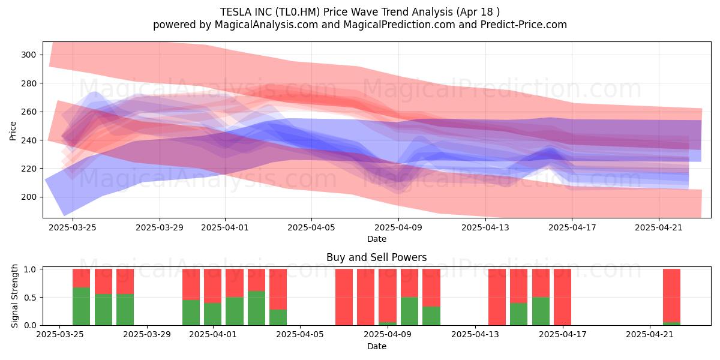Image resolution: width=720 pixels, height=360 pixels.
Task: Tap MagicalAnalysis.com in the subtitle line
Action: [x=266, y=25]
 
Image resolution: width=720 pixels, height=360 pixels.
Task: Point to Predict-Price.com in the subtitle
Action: [x=524, y=25]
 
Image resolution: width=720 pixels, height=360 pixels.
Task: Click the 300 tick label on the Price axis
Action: [x=29, y=55]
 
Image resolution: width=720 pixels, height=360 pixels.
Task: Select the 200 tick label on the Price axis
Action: [x=29, y=197]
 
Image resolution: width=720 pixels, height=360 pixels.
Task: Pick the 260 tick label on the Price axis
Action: [x=29, y=112]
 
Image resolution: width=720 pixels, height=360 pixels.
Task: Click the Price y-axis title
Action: [x=13, y=131]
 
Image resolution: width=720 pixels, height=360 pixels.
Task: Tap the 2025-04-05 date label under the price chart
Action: [x=311, y=227]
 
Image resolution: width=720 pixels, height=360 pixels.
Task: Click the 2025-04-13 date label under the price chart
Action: [x=485, y=227]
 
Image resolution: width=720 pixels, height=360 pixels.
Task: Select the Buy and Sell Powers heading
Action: [x=377, y=257]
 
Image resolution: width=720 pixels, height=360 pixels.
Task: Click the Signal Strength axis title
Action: [x=14, y=296]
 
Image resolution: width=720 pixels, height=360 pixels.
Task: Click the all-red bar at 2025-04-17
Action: [x=563, y=297]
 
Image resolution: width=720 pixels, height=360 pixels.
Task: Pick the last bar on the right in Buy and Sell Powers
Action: [x=672, y=297]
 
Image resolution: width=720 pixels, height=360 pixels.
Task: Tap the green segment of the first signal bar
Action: [x=82, y=307]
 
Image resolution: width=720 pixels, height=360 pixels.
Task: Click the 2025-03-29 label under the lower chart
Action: [x=147, y=334]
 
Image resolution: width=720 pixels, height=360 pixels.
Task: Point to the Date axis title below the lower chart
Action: [x=377, y=346]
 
